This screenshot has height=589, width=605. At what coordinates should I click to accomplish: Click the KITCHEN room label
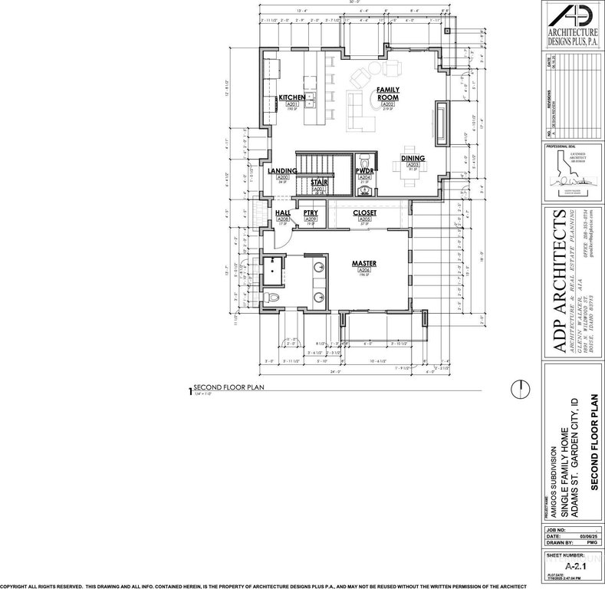coord(292,97)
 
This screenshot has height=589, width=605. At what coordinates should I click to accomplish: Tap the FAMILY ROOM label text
coord(387,94)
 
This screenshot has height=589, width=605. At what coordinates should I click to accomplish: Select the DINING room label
coord(413,159)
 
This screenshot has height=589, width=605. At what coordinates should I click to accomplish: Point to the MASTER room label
coord(363,263)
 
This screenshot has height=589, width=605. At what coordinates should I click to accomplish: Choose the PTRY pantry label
coord(311,212)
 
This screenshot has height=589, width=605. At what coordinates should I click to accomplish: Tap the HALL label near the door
coord(282,212)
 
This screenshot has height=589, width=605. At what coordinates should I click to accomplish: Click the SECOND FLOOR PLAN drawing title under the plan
coord(229,388)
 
